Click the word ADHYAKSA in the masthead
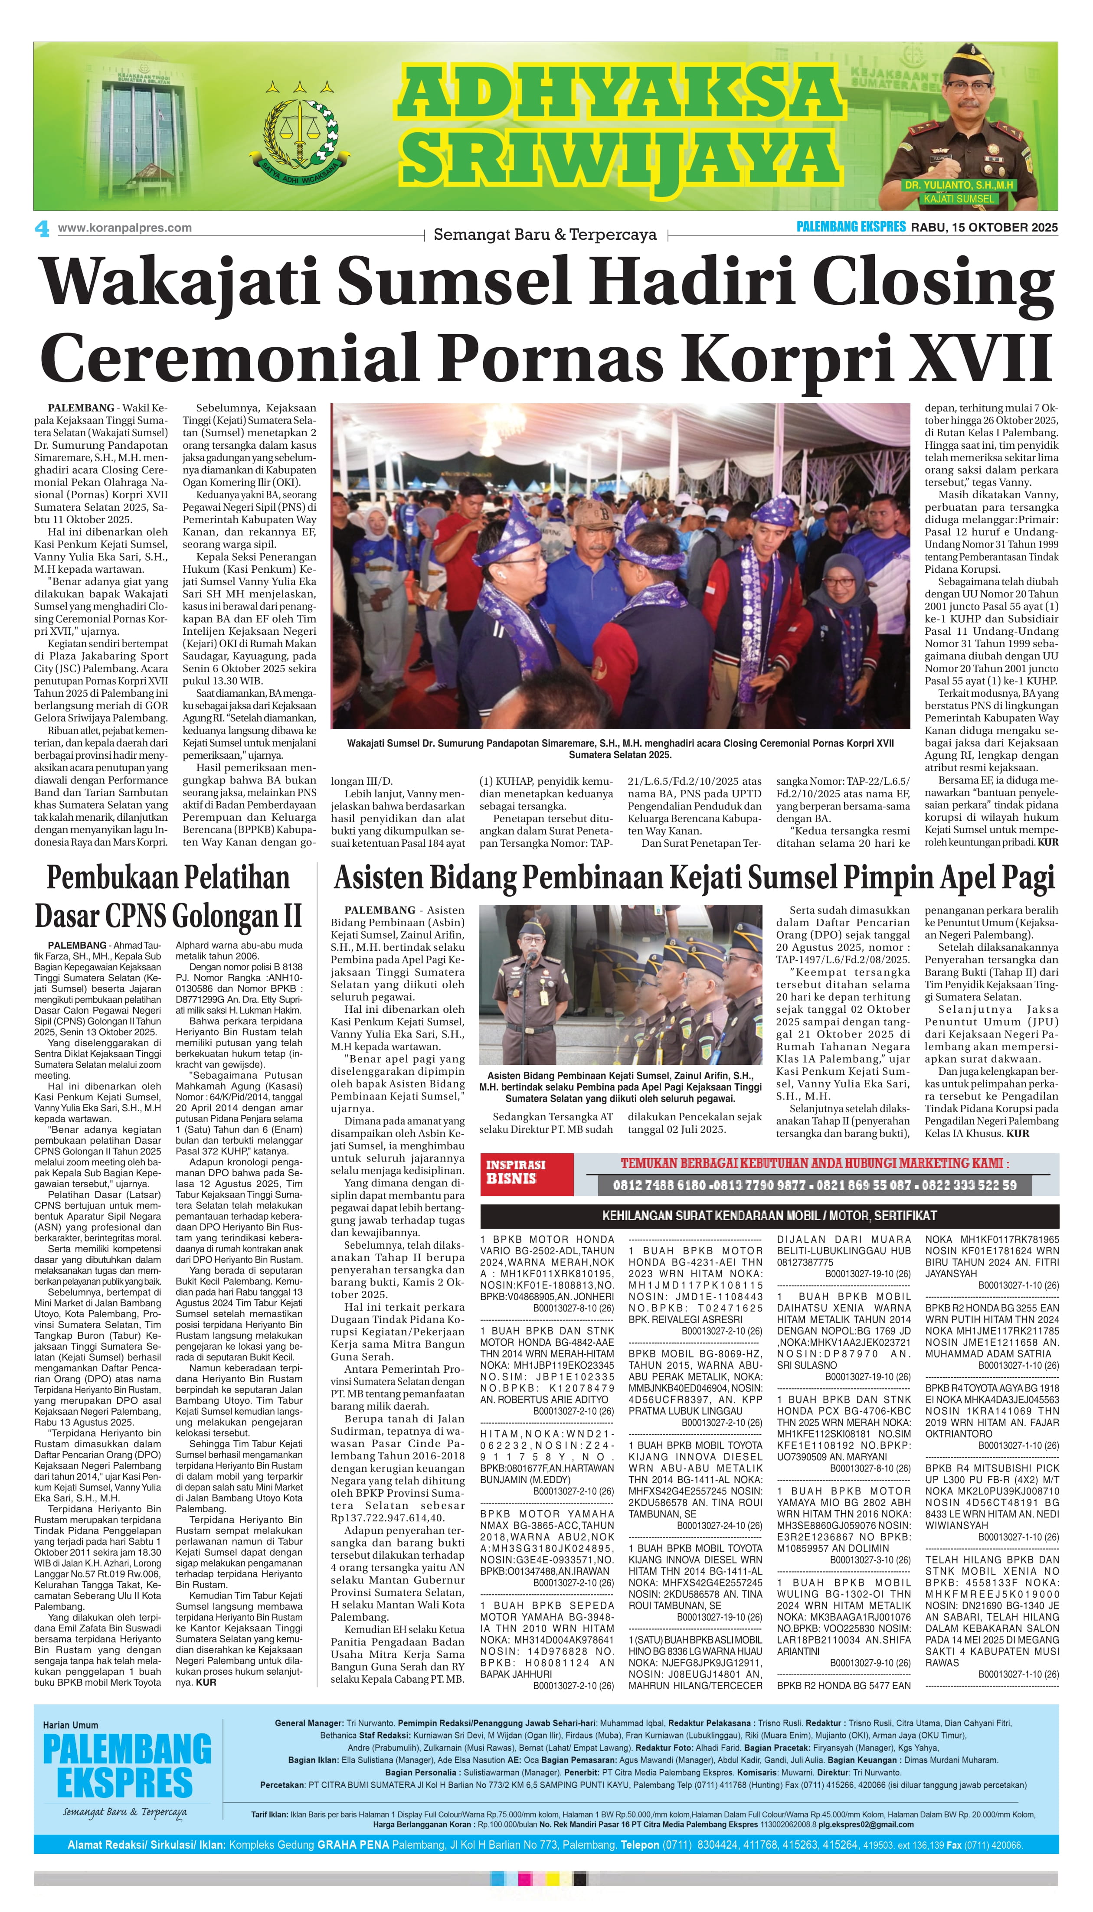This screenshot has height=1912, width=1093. point(620,91)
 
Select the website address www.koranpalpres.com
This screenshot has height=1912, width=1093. point(124,228)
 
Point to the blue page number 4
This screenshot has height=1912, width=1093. point(42,229)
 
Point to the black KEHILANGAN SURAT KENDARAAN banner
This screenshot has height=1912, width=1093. point(769,1215)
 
